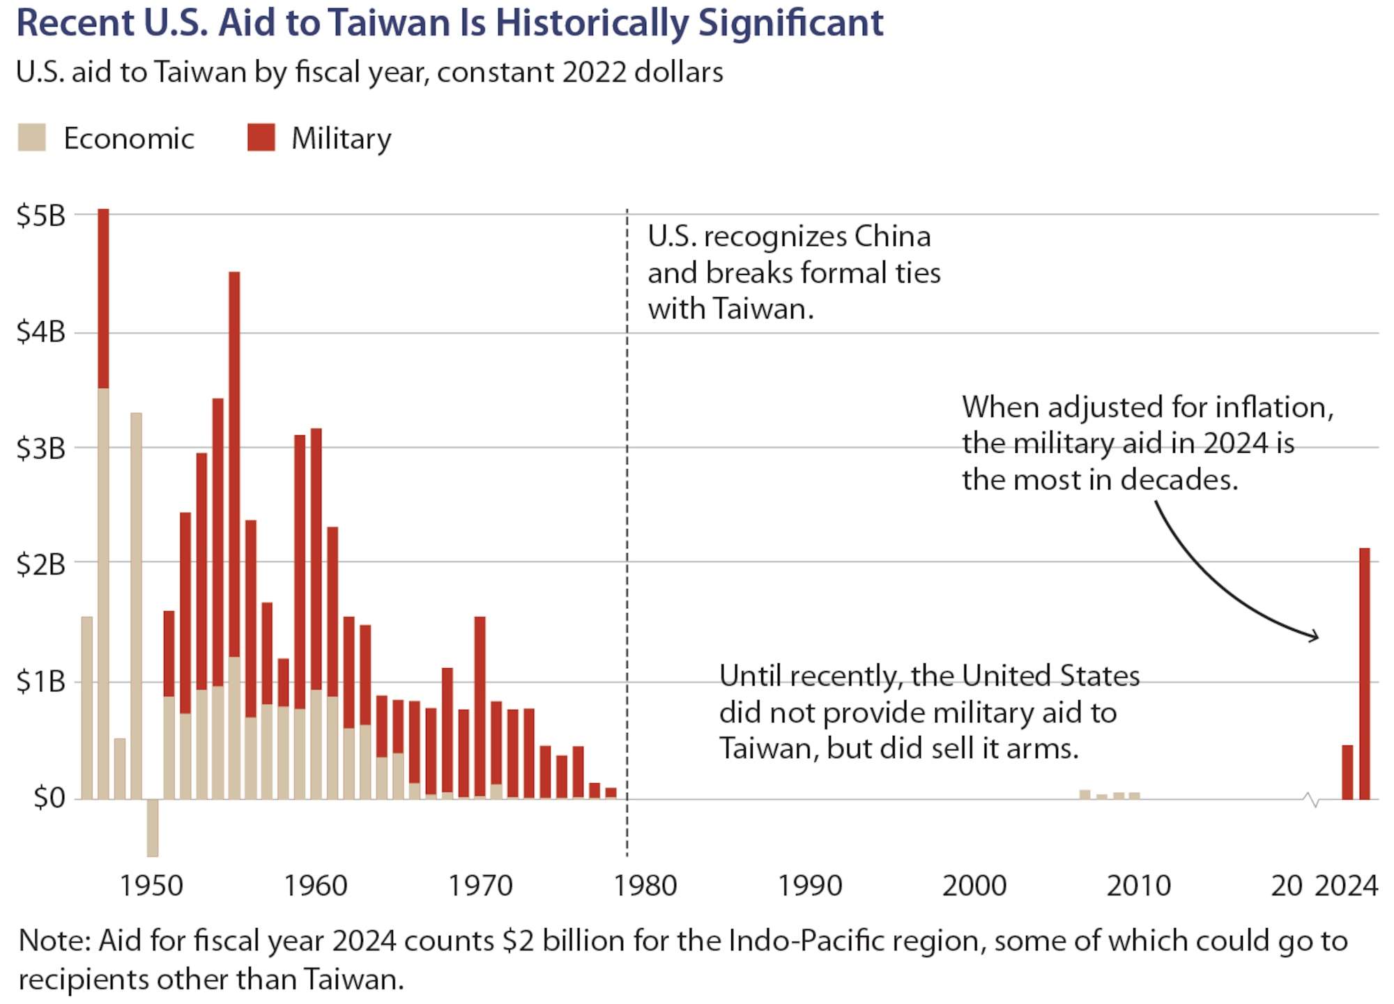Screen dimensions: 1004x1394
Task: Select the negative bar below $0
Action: click(153, 828)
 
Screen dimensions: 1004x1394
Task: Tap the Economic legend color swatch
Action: click(32, 137)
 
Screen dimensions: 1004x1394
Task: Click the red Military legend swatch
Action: click(261, 137)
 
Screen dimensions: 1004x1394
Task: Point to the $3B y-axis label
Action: click(40, 448)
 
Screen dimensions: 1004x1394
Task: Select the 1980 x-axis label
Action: click(645, 886)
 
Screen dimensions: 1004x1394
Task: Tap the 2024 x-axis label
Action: click(1346, 886)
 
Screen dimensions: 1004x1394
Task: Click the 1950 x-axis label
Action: click(151, 886)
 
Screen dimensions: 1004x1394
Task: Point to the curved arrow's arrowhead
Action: click(1315, 635)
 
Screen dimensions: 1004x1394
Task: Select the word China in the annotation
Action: click(892, 237)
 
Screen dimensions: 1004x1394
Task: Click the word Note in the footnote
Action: click(53, 941)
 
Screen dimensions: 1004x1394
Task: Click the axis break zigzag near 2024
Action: click(1311, 799)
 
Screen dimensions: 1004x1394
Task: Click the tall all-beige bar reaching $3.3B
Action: click(136, 606)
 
